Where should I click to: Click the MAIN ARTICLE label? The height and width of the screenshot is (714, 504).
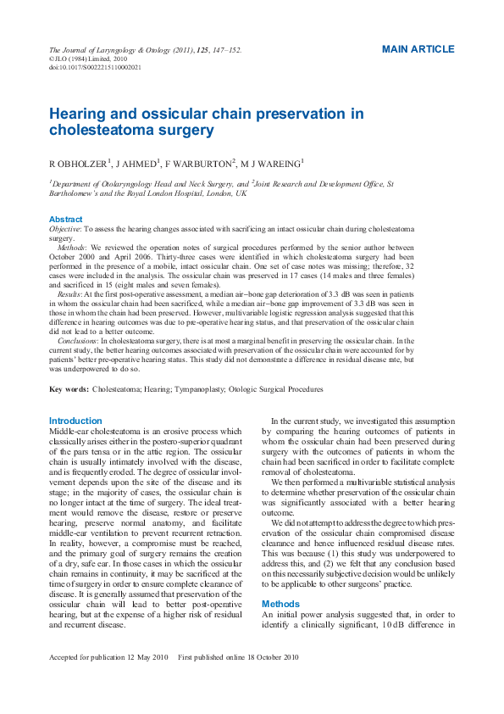pos(418,49)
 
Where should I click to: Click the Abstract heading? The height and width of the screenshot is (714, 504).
pos(66,219)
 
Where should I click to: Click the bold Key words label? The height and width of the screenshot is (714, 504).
pos(69,389)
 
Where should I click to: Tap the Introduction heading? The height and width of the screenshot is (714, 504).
pos(75,421)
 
